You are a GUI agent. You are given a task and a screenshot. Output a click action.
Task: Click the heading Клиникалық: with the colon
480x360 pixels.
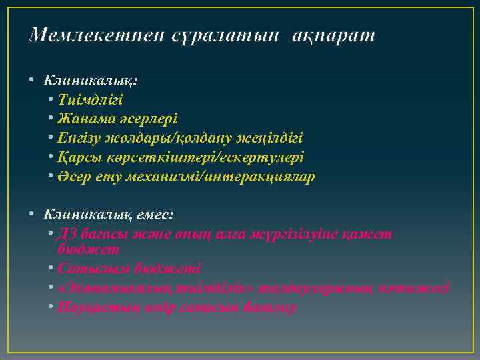point(91,81)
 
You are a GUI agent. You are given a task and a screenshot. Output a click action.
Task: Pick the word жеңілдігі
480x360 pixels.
point(269,139)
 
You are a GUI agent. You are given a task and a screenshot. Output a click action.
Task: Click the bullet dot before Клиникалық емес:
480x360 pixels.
point(31,215)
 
